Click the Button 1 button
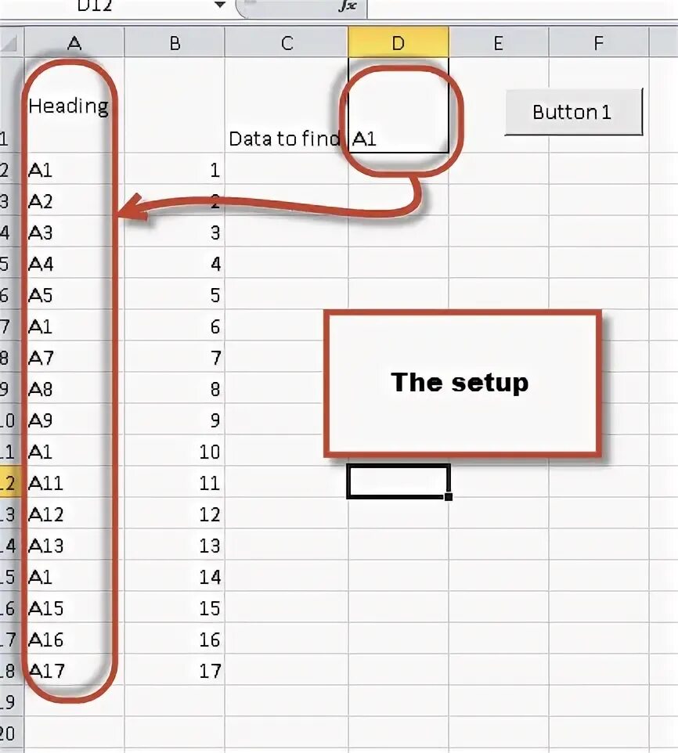coord(573,112)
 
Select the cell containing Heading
coord(68,106)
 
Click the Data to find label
coord(284,139)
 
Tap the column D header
coord(398,44)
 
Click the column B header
coord(175,44)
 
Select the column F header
coord(598,44)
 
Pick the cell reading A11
coord(46,484)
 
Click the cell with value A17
coord(46,671)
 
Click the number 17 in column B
coord(210,671)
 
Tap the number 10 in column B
coord(210,452)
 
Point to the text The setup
coord(460,382)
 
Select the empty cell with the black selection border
coord(398,481)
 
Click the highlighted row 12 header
coord(8,484)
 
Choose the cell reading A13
coord(46,546)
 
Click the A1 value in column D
coord(365,140)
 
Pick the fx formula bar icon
coord(347,6)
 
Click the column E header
coord(498,44)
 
